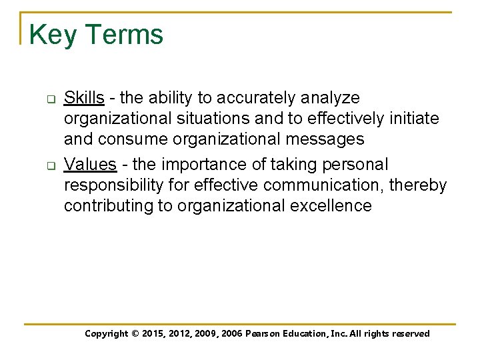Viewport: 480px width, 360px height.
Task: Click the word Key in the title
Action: point(53,35)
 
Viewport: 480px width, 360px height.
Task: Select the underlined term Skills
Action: point(84,98)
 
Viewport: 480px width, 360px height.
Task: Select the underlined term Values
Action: point(90,164)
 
